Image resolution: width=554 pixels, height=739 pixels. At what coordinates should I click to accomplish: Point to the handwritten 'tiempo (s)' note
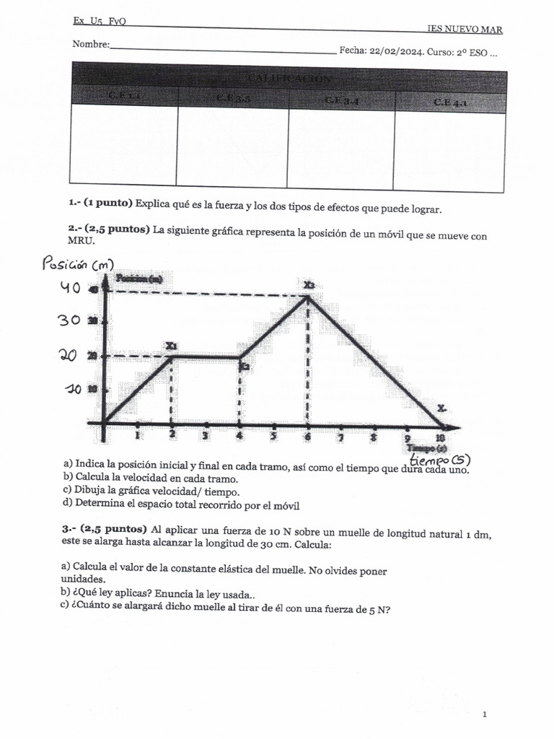tap(441, 459)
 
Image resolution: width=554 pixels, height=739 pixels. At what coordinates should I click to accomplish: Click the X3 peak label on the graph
tap(309, 285)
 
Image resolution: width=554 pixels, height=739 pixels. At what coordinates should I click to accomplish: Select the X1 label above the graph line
tap(171, 346)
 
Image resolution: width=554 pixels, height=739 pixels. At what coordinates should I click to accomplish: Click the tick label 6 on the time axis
tap(308, 436)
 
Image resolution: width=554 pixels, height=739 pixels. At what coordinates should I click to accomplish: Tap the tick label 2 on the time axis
tap(172, 435)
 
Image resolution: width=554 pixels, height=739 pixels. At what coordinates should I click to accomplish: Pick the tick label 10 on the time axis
tap(440, 437)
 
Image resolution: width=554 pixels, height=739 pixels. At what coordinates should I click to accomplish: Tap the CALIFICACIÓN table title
tap(289, 78)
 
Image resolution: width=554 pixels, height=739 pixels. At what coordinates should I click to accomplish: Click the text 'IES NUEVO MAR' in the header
tap(465, 30)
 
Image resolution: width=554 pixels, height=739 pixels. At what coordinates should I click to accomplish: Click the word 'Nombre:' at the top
tap(91, 45)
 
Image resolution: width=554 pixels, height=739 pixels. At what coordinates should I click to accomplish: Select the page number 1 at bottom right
tap(485, 714)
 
